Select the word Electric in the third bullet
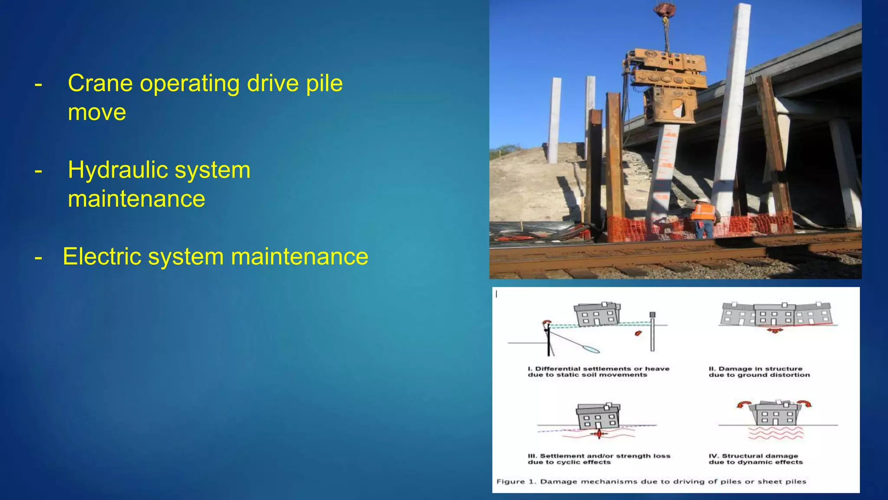click(x=102, y=257)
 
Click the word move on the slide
click(x=97, y=112)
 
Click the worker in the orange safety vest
click(x=703, y=217)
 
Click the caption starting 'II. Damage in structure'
click(x=759, y=372)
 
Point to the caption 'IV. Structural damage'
click(x=755, y=459)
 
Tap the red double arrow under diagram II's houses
click(x=774, y=331)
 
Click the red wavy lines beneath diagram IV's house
click(x=776, y=433)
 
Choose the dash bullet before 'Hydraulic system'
click(x=39, y=170)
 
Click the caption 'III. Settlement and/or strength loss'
click(x=599, y=459)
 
